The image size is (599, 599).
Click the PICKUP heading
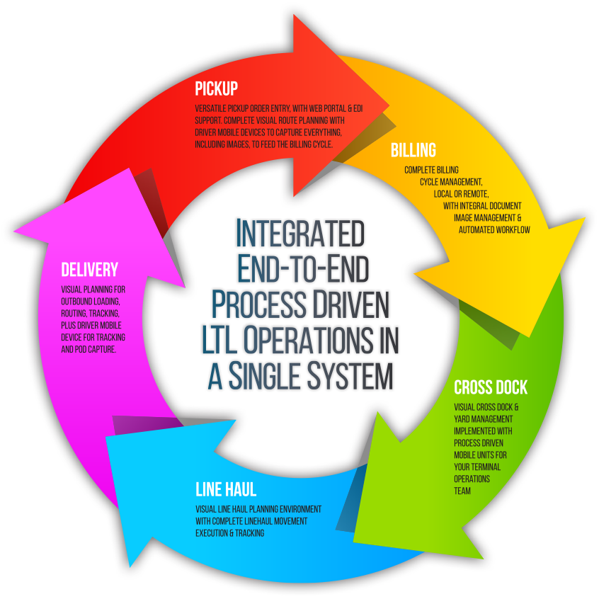click(x=216, y=89)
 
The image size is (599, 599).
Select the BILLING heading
click(x=413, y=151)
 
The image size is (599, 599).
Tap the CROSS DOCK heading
click(x=491, y=388)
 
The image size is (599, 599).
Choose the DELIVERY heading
click(x=89, y=270)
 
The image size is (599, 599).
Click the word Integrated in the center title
click(x=299, y=232)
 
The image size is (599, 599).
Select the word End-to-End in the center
click(x=304, y=268)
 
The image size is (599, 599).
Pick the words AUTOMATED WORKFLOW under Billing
click(x=494, y=230)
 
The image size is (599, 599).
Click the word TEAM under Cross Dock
click(x=462, y=490)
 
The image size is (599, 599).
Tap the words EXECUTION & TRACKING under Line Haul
click(x=229, y=533)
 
